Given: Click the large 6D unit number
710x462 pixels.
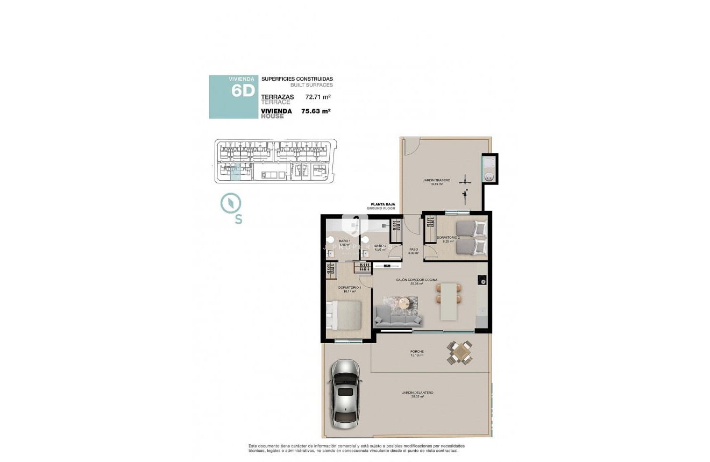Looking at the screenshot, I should click(x=242, y=90).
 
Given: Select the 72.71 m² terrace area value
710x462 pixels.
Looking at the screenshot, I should click(x=317, y=97).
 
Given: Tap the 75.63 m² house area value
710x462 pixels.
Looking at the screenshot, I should click(x=316, y=111).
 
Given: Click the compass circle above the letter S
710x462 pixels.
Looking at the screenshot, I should click(x=231, y=203).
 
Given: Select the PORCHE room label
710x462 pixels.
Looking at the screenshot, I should click(x=417, y=352).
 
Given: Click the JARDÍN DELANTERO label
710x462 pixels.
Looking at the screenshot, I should click(x=417, y=393).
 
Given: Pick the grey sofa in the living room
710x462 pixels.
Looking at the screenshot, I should click(x=399, y=317).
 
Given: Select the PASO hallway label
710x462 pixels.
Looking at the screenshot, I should click(x=414, y=250).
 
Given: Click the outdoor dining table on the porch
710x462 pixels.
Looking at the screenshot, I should click(x=461, y=353).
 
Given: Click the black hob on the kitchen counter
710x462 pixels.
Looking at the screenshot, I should click(x=482, y=280).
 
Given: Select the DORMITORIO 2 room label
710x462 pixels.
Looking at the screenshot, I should click(x=448, y=237).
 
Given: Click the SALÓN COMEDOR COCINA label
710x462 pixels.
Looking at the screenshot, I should click(x=417, y=280).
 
